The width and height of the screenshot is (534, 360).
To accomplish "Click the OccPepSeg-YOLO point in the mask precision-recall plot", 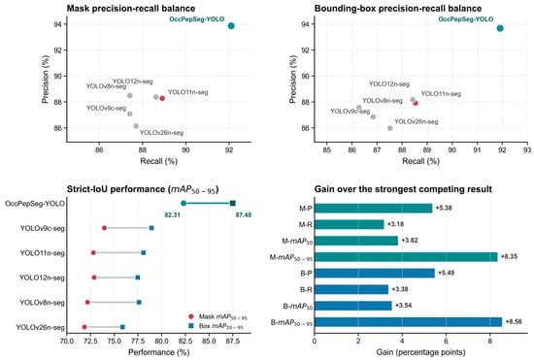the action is tap(231, 26).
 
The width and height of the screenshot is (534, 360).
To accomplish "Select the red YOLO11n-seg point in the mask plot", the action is tap(162, 98).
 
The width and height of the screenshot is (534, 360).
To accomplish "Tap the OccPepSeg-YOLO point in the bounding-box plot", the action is tap(500, 28).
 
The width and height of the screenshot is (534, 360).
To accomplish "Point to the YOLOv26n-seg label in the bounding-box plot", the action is tap(417, 121).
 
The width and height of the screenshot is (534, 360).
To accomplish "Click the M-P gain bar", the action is tap(373, 209).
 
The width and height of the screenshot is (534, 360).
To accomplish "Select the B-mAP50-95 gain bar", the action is tap(408, 322).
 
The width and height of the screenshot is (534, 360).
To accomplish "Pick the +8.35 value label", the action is tap(509, 256).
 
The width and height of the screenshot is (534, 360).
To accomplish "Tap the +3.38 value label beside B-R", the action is tap(400, 289).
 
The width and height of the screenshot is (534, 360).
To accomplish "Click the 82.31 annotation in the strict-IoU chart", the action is tap(172, 215).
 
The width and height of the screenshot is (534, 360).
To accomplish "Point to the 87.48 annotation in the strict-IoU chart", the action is tap(244, 215).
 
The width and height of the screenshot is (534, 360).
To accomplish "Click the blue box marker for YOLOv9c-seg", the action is tap(151, 228).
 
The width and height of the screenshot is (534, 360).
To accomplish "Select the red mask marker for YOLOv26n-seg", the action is tap(84, 327).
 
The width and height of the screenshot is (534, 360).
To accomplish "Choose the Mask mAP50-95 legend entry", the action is tap(217, 316).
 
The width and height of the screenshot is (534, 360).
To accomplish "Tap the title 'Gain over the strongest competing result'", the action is tap(403, 189).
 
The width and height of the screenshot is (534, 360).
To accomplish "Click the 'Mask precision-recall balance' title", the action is tap(131, 9).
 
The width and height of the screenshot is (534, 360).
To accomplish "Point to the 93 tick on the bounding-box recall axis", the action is tap(527, 149).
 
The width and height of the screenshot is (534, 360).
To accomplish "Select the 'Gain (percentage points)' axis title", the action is tap(420, 352).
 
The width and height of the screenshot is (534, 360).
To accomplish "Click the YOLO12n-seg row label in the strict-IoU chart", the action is tap(42, 278).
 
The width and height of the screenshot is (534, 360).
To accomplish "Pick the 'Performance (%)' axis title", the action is tap(158, 352).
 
